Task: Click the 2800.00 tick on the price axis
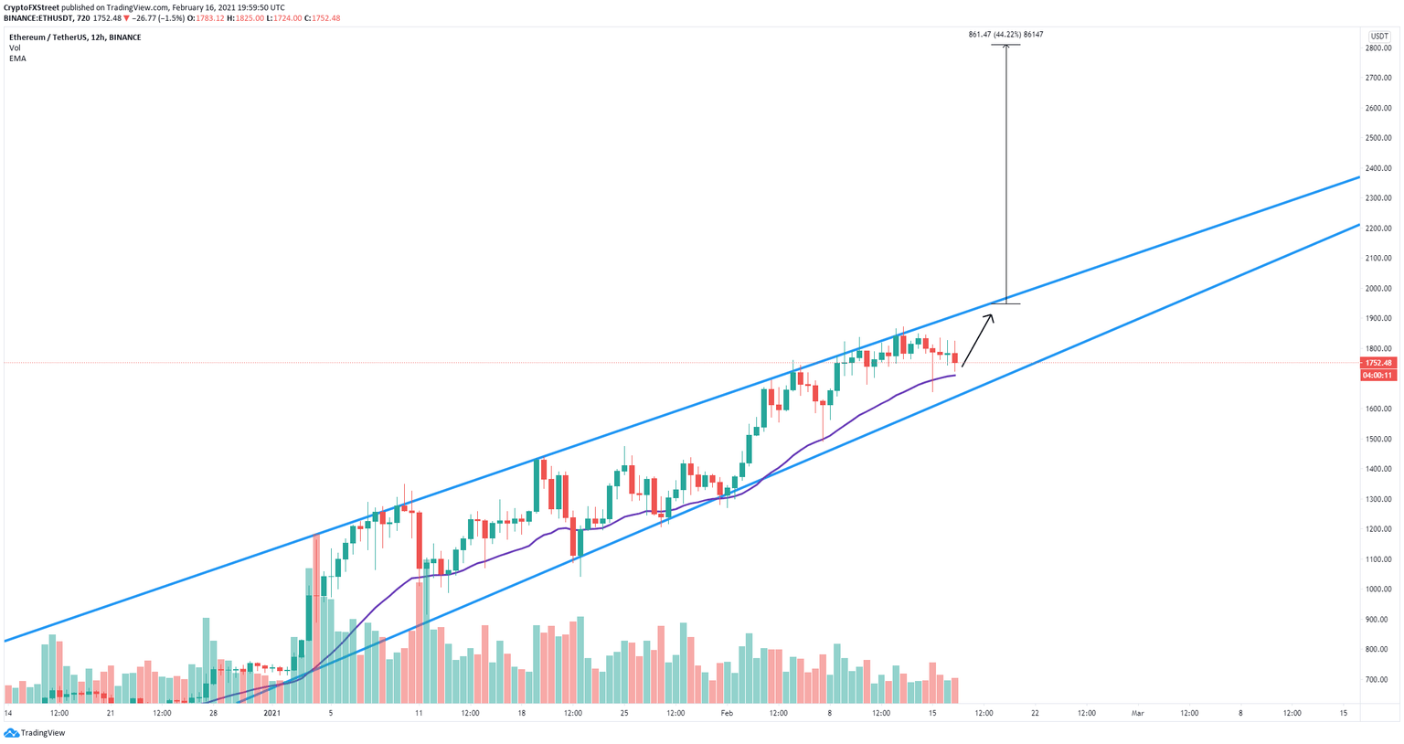(x=1378, y=48)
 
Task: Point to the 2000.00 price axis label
(x=1378, y=288)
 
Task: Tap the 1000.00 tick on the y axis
(x=1378, y=589)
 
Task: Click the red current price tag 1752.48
(x=1377, y=363)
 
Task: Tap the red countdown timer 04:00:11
(x=1377, y=375)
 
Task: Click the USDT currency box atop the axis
(x=1378, y=36)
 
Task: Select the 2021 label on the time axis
(x=271, y=712)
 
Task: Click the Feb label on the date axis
(x=727, y=712)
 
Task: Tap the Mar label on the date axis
(x=1137, y=712)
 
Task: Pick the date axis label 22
(x=1035, y=712)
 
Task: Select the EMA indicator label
(x=17, y=58)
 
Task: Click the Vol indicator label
(x=15, y=48)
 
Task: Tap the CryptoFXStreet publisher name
(x=31, y=7)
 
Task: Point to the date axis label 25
(x=624, y=712)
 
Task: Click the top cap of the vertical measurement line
(x=1006, y=45)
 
